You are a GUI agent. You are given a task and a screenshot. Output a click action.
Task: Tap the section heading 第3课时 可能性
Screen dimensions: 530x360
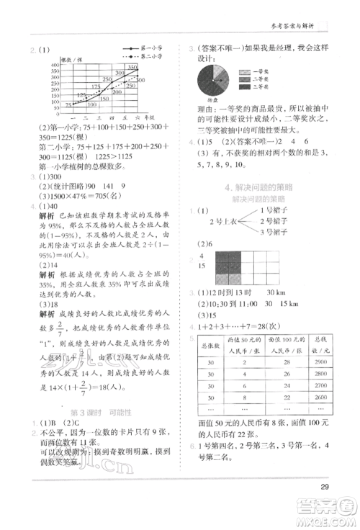(x=89, y=412)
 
